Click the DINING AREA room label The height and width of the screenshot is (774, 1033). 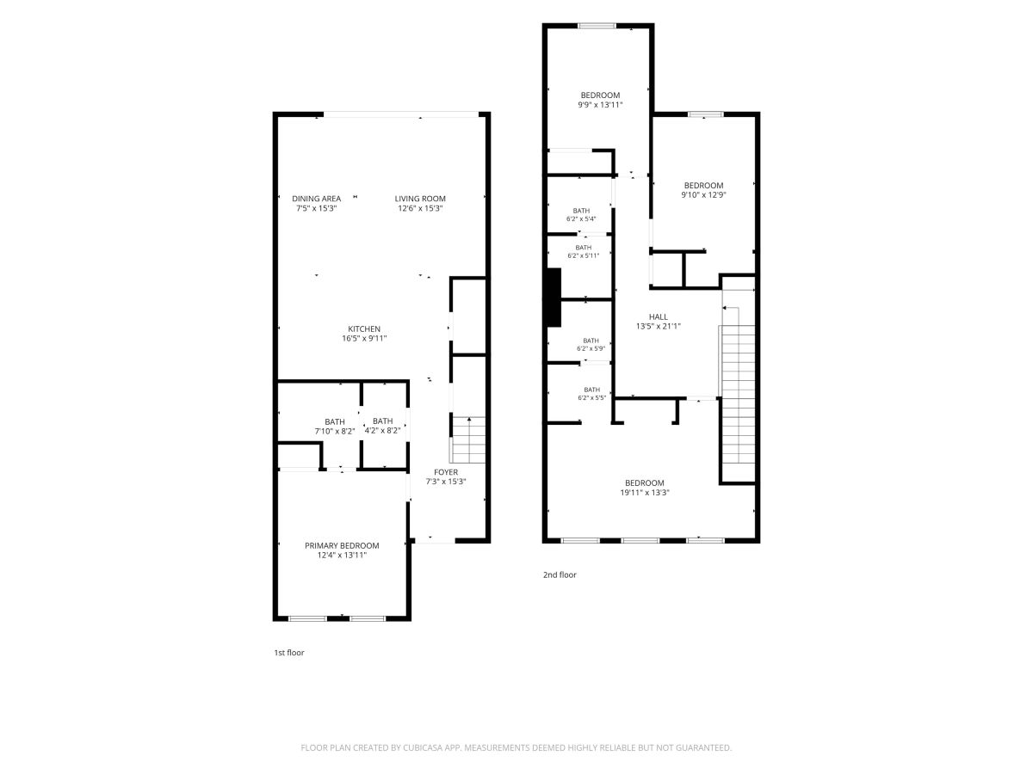(x=316, y=199)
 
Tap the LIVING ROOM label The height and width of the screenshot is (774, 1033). (x=420, y=199)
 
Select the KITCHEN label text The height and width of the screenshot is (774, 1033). (x=364, y=329)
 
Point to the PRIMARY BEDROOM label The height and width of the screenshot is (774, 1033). (x=342, y=545)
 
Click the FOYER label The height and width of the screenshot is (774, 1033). (x=446, y=472)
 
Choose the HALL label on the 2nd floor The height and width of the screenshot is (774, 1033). (x=658, y=316)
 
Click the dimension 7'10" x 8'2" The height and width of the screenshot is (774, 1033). (x=335, y=431)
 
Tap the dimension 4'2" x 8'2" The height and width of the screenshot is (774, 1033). (x=382, y=430)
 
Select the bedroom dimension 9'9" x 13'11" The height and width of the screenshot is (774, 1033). (x=600, y=105)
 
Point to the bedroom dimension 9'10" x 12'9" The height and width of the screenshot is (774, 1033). (x=703, y=194)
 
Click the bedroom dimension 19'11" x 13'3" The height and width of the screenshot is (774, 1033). (x=644, y=493)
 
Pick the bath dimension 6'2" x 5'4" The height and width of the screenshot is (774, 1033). (x=581, y=218)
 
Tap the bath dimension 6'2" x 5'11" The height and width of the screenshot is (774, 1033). (x=583, y=255)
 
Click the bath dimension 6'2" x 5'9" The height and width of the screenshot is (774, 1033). (x=591, y=348)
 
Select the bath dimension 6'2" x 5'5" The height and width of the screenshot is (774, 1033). (x=591, y=397)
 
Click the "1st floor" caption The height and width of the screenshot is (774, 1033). (x=289, y=652)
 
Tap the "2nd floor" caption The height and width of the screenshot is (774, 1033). (x=560, y=574)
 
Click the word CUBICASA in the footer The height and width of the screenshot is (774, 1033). (x=423, y=747)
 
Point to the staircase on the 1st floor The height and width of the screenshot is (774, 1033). (x=468, y=439)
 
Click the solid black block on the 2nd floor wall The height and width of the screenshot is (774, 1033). (x=554, y=298)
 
